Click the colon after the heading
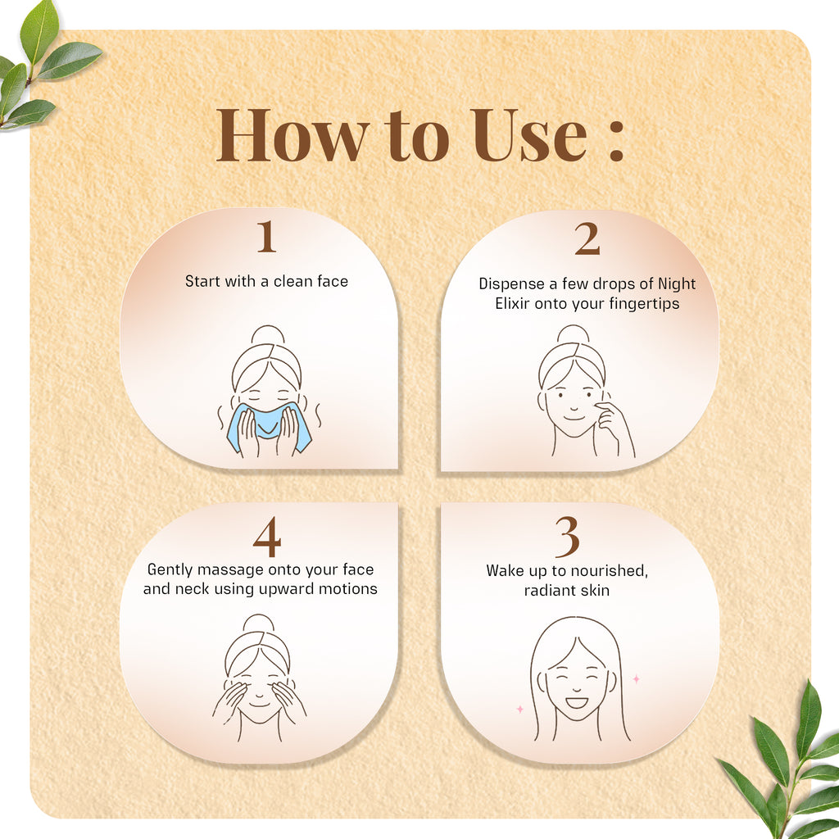tap(616, 140)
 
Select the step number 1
tap(266, 237)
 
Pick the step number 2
tap(587, 238)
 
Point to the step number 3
tap(567, 537)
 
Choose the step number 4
tap(267, 537)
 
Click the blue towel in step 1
tap(269, 428)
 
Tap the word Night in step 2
tap(676, 284)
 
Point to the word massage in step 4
tap(221, 570)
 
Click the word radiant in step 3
tap(545, 590)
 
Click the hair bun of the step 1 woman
tap(268, 335)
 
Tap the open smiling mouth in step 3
tap(577, 702)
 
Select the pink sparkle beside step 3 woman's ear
tap(636, 679)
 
